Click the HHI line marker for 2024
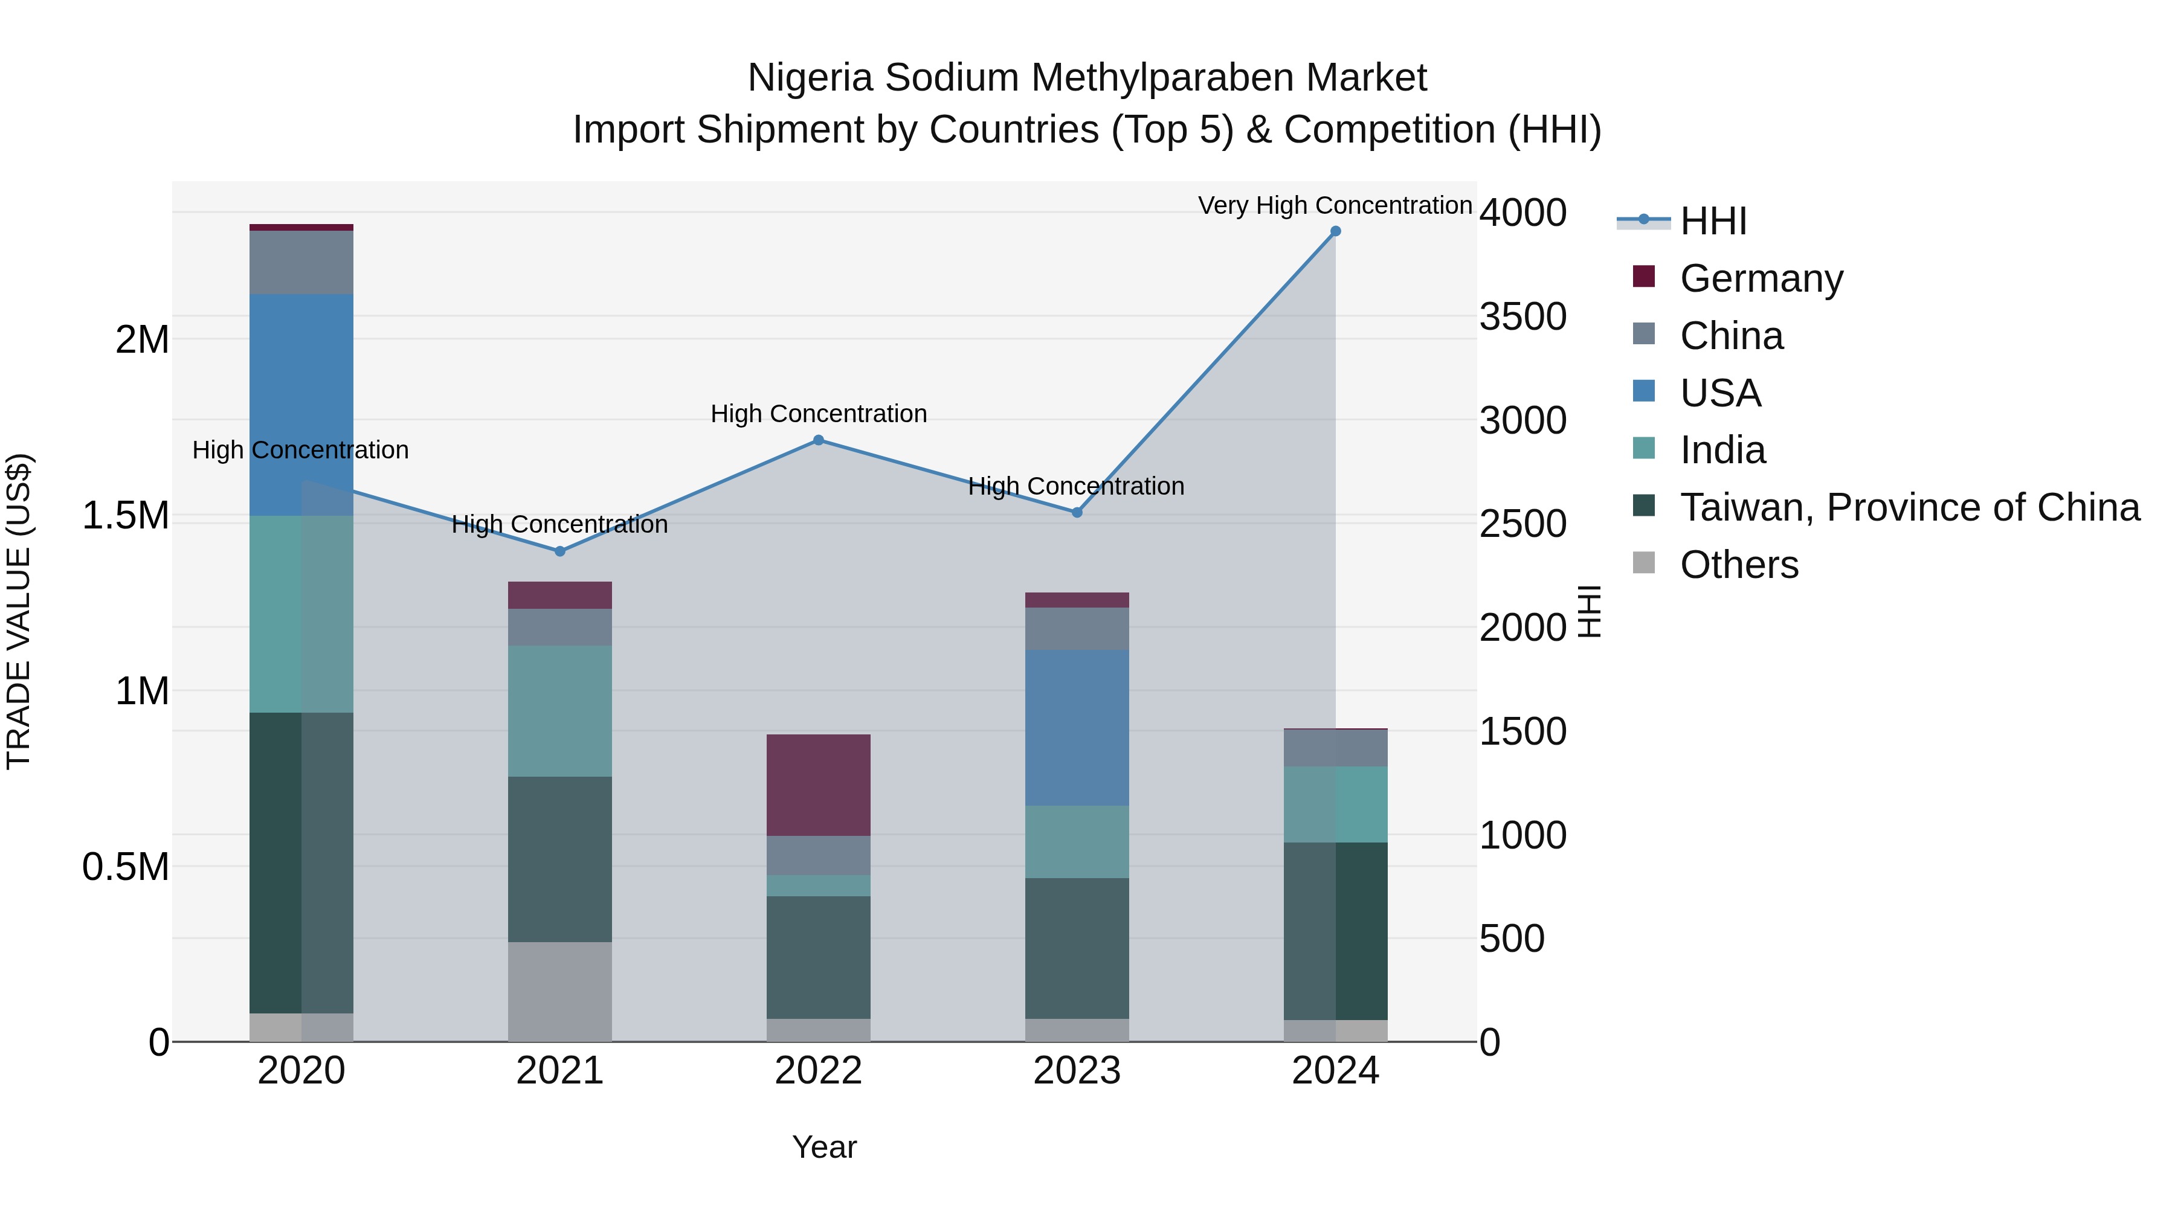(1335, 231)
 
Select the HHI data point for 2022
(818, 440)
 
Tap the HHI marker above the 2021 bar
(560, 551)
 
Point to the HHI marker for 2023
(1077, 512)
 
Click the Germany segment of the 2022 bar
(818, 785)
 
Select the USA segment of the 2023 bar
(1077, 728)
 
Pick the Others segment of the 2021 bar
(560, 992)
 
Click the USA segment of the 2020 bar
(301, 405)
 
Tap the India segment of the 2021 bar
(560, 711)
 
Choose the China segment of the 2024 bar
(1335, 748)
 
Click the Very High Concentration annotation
(1334, 205)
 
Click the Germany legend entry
(1761, 278)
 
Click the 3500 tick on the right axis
(1522, 316)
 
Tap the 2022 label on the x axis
(818, 1071)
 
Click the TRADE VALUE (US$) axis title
(19, 611)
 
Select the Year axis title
(824, 1147)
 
